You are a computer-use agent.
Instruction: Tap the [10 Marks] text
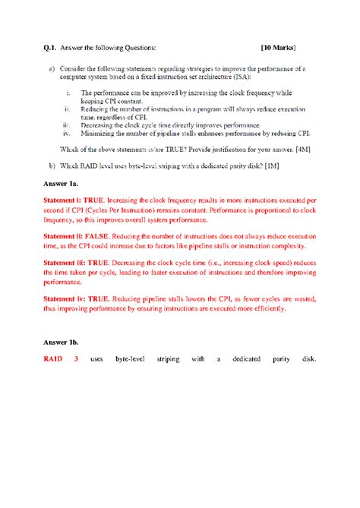[277, 47]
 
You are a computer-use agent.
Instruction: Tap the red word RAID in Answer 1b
[52, 358]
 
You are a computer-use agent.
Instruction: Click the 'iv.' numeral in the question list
[68, 131]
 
